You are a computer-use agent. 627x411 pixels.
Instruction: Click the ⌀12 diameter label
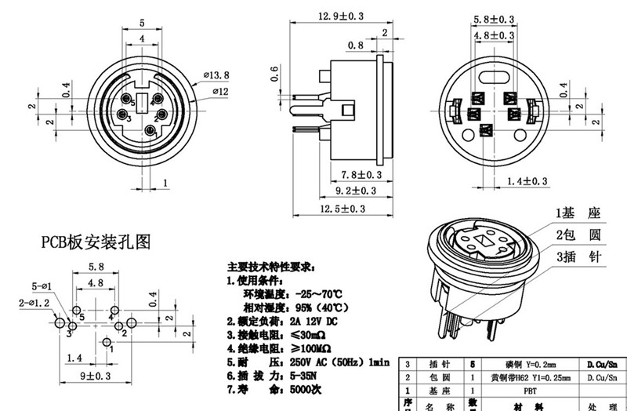pyautogui.click(x=219, y=93)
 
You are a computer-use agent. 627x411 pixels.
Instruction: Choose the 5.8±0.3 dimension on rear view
pyautogui.click(x=493, y=19)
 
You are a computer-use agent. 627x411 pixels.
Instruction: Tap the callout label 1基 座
pyautogui.click(x=578, y=213)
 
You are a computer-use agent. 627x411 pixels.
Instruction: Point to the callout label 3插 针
pyautogui.click(x=578, y=257)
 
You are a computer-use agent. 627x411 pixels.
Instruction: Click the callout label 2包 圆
pyautogui.click(x=578, y=235)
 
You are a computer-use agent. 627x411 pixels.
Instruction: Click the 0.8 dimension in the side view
pyautogui.click(x=355, y=45)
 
